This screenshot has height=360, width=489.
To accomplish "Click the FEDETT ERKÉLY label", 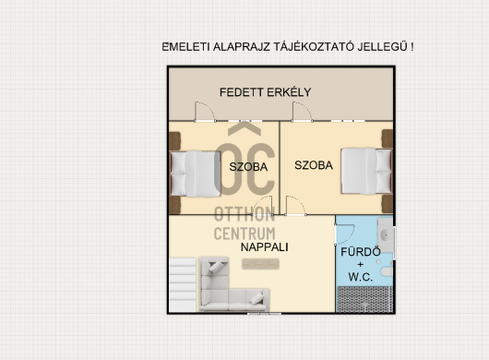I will [x=265, y=92].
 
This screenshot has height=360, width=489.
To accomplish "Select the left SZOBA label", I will [x=248, y=167].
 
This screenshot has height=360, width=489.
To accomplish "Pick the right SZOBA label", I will [x=313, y=166].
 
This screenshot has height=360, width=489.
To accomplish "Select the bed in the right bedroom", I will [x=366, y=170].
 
